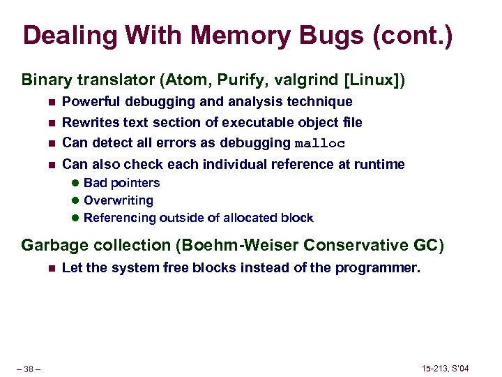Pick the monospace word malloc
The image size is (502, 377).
point(320,144)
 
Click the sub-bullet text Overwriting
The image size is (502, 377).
point(118,200)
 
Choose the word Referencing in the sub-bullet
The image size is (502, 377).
point(120,218)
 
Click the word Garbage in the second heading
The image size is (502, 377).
point(50,245)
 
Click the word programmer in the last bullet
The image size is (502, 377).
point(386,268)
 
